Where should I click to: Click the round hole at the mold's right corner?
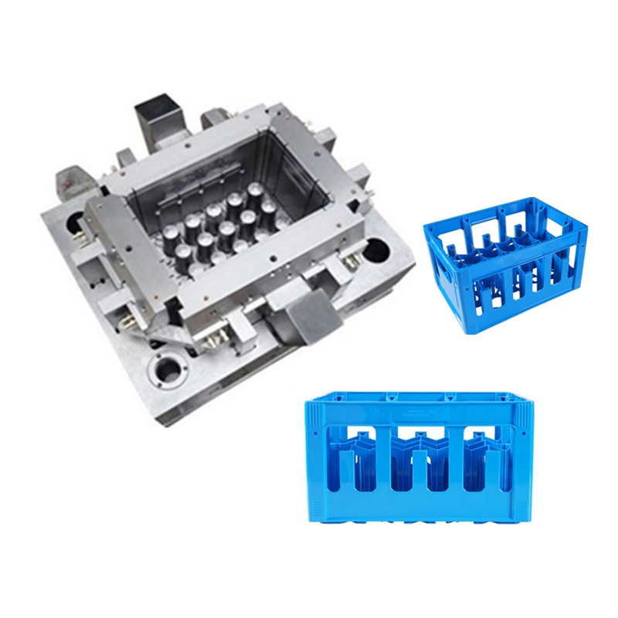pos(379,250)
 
